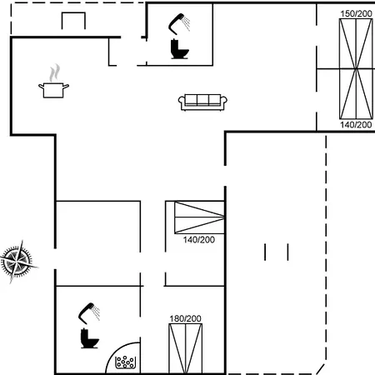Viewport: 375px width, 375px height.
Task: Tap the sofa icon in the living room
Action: pos(202,102)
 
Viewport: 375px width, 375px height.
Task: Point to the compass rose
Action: pos(18,262)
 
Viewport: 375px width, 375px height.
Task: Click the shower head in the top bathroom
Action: pos(179,24)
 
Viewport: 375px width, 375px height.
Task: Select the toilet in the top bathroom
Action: pos(179,49)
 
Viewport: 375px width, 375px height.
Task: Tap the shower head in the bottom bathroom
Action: pos(89,313)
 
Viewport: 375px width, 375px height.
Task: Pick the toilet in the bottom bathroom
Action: pos(89,338)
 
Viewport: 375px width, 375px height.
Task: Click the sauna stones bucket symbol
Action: pos(126,362)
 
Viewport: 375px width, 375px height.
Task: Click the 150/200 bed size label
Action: pos(356,13)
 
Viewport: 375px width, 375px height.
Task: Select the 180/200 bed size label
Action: pos(185,318)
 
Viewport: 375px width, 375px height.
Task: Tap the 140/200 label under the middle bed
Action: pos(199,240)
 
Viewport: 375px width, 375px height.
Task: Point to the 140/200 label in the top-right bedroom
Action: pos(356,125)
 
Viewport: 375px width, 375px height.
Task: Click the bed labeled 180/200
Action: pos(186,348)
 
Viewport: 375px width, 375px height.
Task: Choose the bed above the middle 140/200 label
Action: pos(199,217)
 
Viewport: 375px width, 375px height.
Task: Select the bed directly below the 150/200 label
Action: pos(356,43)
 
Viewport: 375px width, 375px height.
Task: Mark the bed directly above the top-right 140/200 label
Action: pos(356,94)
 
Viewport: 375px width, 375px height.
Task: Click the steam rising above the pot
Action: pos(54,72)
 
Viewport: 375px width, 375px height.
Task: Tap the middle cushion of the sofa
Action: pos(202,99)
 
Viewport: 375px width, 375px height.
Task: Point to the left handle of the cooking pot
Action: pos(41,87)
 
